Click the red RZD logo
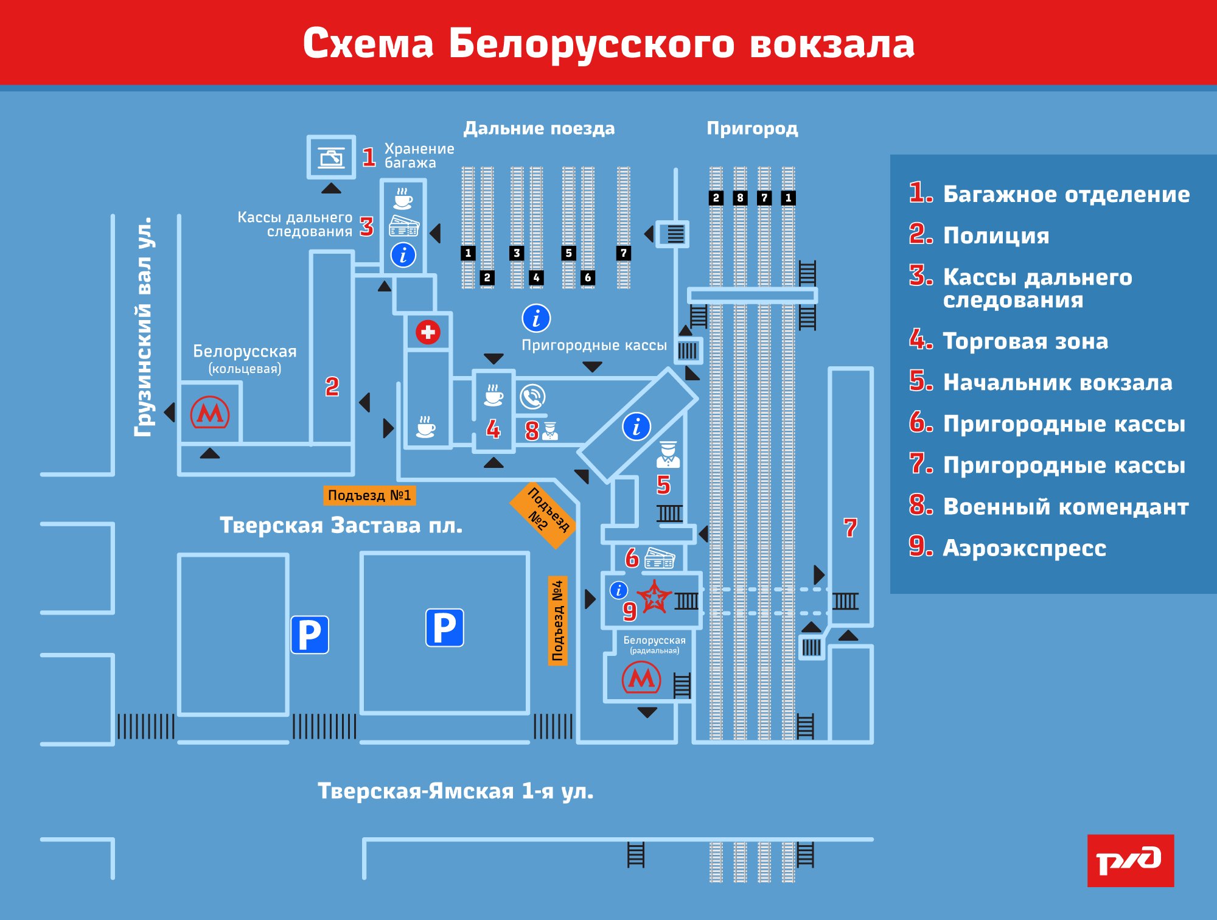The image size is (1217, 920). point(1131,860)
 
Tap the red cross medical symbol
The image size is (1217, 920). point(428,332)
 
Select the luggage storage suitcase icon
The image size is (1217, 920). point(332,157)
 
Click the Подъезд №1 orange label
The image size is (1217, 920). point(369,495)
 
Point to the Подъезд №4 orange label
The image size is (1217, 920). point(557,621)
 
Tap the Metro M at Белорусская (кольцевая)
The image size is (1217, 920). point(210,413)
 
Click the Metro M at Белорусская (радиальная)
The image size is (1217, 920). point(641,678)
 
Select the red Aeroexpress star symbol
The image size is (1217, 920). point(654,596)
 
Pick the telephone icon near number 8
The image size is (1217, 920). point(532,397)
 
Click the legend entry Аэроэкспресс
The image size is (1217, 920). point(1024,548)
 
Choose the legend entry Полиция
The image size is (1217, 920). point(996,235)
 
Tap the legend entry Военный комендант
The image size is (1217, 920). point(1065,507)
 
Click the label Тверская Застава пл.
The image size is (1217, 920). point(341,525)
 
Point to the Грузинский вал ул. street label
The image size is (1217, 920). point(144,327)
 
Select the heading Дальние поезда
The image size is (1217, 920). point(539,128)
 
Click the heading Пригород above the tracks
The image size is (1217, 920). point(752,128)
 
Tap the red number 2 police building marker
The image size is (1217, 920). point(332,386)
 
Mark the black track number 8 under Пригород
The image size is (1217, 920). point(740,198)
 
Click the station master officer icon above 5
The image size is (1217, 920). point(668,455)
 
